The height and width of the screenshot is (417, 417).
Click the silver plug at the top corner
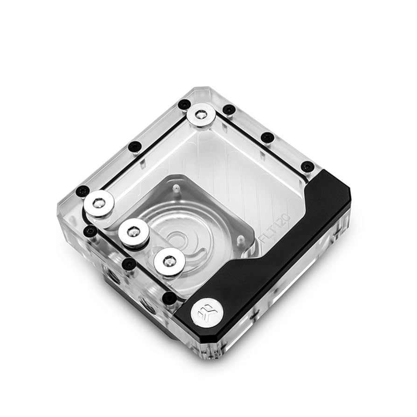point(202,115)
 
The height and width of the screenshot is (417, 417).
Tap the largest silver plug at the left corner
point(99,203)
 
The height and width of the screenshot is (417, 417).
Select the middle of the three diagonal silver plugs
point(133,231)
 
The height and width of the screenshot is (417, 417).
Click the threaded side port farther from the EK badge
point(112,278)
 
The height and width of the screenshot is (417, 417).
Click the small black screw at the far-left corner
point(83,190)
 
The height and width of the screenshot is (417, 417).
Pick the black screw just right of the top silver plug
point(229,110)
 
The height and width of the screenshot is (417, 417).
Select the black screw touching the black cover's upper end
point(307,167)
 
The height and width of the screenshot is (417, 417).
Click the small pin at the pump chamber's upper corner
point(175,188)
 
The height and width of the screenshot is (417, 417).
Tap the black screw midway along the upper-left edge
point(134,146)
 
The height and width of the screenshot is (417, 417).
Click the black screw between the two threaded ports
point(128,264)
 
